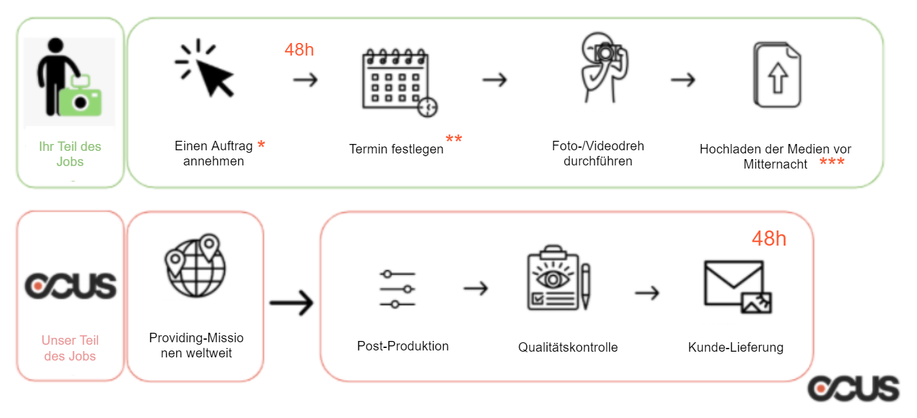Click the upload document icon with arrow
click(x=777, y=75)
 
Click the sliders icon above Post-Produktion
click(x=398, y=289)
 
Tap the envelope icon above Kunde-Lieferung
click(x=737, y=287)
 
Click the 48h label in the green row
click(x=299, y=50)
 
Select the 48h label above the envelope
click(x=768, y=239)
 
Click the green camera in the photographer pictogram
click(x=80, y=102)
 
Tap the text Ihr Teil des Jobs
click(x=70, y=154)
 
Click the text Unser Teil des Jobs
click(x=70, y=348)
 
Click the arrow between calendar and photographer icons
click(x=494, y=80)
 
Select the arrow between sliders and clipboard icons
click(x=475, y=289)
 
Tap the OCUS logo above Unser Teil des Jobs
click(x=70, y=286)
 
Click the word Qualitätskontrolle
click(x=568, y=347)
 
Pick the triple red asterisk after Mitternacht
click(x=832, y=163)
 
